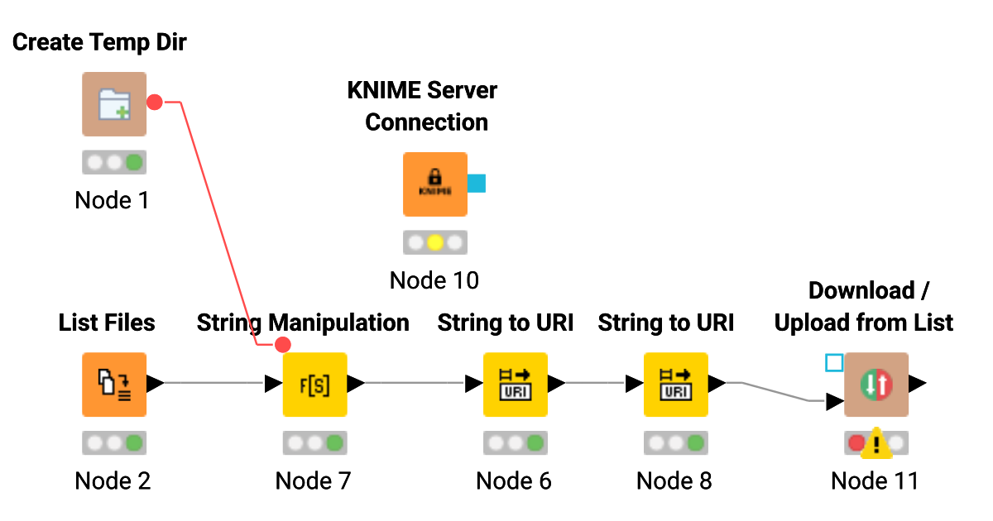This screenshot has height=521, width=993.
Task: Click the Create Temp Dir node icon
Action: click(x=114, y=104)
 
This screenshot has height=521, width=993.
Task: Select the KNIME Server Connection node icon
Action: click(x=434, y=184)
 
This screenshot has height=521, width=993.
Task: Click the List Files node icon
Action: click(x=114, y=384)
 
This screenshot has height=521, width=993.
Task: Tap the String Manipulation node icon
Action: click(x=314, y=384)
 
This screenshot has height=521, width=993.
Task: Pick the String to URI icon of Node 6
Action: click(x=515, y=384)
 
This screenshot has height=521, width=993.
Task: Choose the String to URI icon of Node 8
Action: click(x=675, y=384)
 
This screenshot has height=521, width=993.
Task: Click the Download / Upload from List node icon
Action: click(x=875, y=384)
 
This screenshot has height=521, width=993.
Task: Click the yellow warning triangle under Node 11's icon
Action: click(x=875, y=447)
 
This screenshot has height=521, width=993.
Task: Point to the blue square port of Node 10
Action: click(x=477, y=183)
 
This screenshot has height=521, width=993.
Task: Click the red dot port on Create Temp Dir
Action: click(x=154, y=102)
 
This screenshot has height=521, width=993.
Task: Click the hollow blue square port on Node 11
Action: click(x=834, y=362)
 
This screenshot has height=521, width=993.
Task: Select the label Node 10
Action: click(x=434, y=280)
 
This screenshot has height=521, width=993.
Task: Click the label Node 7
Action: click(x=313, y=480)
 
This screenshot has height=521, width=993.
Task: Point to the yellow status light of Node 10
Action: click(x=435, y=242)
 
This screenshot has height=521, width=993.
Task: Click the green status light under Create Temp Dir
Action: click(x=133, y=162)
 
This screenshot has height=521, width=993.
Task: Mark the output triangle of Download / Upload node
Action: click(x=918, y=384)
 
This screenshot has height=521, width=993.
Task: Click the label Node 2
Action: click(x=113, y=480)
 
